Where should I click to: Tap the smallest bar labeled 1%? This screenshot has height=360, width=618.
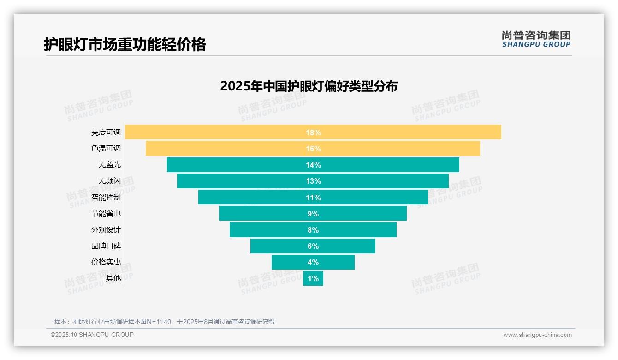pyautogui.click(x=313, y=278)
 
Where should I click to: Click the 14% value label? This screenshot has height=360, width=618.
pyautogui.click(x=313, y=165)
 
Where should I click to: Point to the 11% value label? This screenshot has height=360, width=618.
pyautogui.click(x=313, y=198)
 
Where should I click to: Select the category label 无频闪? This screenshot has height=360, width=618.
pyautogui.click(x=109, y=181)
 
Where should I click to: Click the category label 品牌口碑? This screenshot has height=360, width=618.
pyautogui.click(x=106, y=246)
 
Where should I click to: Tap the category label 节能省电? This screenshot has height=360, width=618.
pyautogui.click(x=106, y=214)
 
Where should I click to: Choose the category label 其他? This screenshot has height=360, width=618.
pyautogui.click(x=113, y=278)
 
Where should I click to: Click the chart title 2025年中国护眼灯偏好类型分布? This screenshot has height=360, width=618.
pyautogui.click(x=309, y=86)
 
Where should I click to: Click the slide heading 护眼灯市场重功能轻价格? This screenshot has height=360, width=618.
pyautogui.click(x=125, y=44)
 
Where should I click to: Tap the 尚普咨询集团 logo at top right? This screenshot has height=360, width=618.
pyautogui.click(x=536, y=39)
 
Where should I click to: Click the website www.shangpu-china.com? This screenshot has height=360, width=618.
pyautogui.click(x=537, y=335)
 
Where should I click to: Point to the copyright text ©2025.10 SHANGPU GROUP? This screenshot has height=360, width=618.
pyautogui.click(x=92, y=335)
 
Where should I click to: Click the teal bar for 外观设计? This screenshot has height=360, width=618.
pyautogui.click(x=267, y=230)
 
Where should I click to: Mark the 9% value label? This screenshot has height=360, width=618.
pyautogui.click(x=313, y=214)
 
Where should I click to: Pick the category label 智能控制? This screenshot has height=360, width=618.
pyautogui.click(x=106, y=198)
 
